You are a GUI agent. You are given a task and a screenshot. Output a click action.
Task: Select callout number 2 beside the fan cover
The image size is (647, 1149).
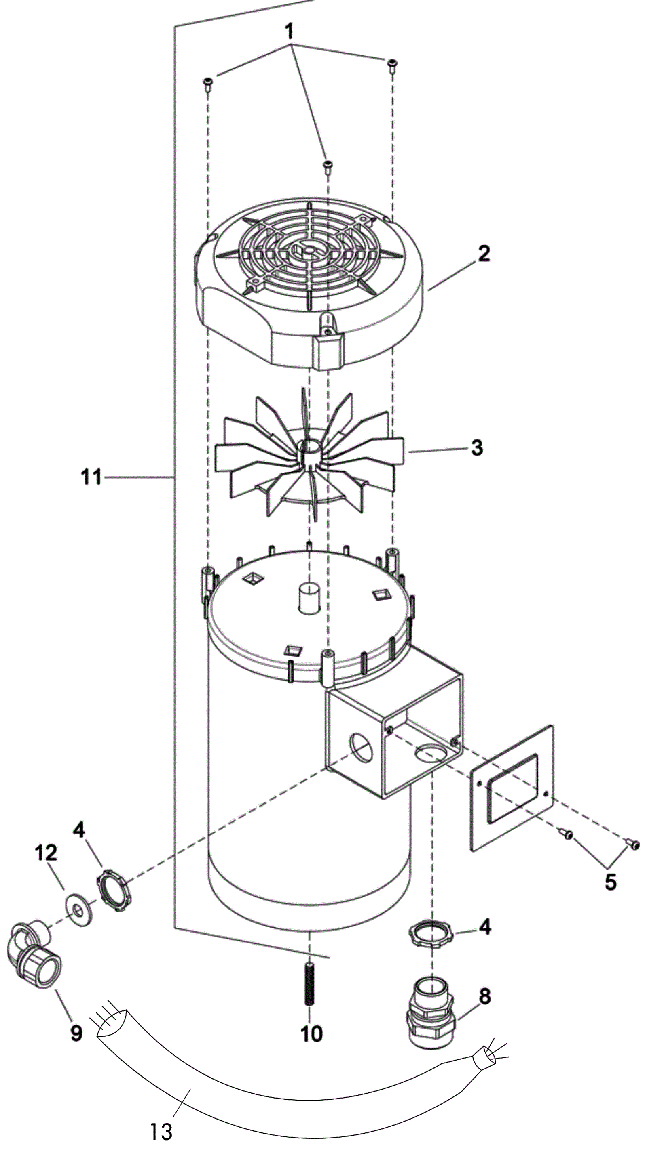coord(483,253)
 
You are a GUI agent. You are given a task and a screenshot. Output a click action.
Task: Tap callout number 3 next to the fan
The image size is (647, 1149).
coord(477,447)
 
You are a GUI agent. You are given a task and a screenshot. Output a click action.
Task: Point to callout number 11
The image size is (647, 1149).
coord(91,477)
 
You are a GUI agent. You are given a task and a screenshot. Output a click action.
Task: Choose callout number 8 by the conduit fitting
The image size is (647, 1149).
coord(485,996)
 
